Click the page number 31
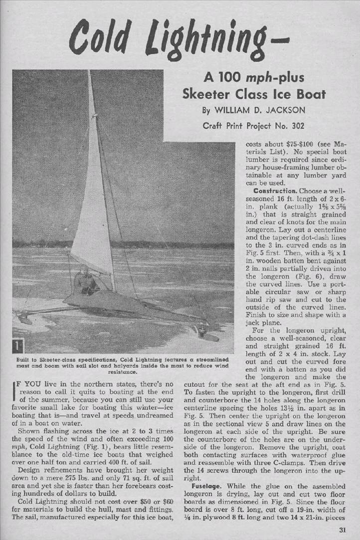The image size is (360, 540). [x=343, y=530]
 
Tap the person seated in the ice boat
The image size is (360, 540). [x=85, y=282]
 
